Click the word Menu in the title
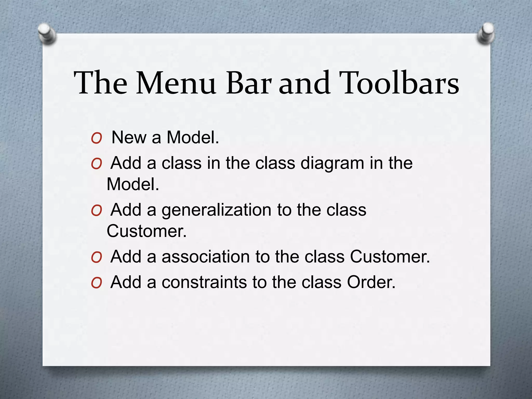176,83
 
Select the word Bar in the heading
249,83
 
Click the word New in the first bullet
129,137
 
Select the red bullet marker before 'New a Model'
96,139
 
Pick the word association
205,256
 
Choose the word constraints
204,282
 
